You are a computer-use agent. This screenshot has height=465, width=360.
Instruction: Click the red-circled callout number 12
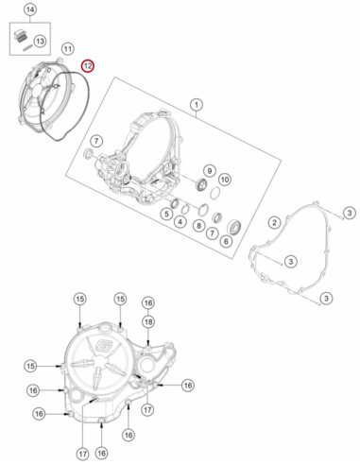click(87, 66)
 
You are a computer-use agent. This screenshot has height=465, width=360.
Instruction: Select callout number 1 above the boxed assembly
click(197, 105)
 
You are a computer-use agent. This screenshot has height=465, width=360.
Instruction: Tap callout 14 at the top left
click(30, 9)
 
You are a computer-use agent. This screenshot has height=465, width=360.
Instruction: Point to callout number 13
click(40, 41)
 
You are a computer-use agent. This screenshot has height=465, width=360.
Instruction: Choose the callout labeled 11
click(67, 49)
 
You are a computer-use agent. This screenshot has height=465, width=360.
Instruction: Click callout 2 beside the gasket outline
click(274, 222)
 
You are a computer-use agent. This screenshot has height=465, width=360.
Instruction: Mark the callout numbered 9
click(210, 171)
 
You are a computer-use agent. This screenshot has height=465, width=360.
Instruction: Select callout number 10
click(224, 180)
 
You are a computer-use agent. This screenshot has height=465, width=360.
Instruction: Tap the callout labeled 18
click(148, 321)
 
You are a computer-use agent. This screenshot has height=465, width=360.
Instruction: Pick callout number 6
click(226, 241)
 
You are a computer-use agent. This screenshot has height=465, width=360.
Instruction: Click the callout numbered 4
click(180, 222)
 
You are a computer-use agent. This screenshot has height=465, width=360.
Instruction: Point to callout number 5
click(166, 214)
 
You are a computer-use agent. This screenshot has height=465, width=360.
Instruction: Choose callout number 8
click(198, 226)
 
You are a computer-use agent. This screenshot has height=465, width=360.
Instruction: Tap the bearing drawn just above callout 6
click(234, 227)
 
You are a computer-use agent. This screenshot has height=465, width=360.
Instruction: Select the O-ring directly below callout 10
click(214, 193)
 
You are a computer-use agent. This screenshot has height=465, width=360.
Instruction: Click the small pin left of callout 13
click(27, 48)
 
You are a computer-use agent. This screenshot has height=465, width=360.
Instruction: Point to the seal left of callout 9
click(200, 184)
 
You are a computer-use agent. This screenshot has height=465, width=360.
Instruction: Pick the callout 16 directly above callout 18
click(148, 303)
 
